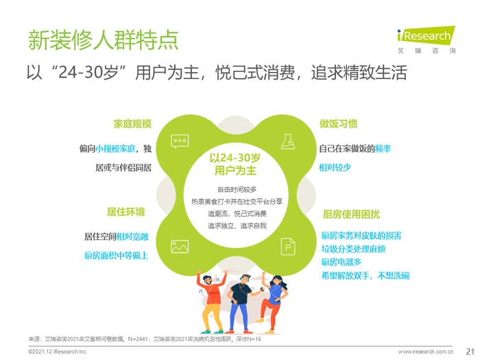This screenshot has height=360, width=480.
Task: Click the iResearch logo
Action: (x=426, y=40)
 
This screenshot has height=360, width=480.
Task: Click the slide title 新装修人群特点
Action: (x=103, y=40)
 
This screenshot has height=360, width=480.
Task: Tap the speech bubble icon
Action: (x=180, y=141)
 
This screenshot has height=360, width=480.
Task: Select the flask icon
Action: (x=288, y=141)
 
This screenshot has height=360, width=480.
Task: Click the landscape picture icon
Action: (x=180, y=246)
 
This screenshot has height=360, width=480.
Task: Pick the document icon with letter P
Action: (x=288, y=246)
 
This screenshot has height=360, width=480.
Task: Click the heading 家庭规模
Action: (x=132, y=124)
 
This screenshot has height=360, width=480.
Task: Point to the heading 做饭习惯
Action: (x=338, y=124)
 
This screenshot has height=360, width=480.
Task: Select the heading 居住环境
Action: (x=125, y=212)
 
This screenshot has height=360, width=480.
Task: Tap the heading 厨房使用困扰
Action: (x=351, y=214)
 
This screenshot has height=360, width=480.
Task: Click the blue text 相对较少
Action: (x=335, y=168)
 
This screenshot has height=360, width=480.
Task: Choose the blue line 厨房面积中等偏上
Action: (x=117, y=256)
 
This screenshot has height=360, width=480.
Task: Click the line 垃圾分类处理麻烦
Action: (x=353, y=249)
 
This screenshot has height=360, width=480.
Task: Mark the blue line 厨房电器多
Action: (x=341, y=262)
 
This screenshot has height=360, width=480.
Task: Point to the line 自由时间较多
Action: (x=237, y=190)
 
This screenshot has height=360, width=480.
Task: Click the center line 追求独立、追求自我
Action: (x=237, y=226)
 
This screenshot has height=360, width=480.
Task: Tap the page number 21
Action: (x=470, y=351)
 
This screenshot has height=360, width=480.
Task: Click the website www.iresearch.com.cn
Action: (x=426, y=352)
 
